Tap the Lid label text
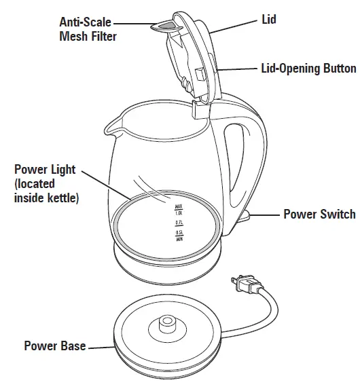(x=268, y=20)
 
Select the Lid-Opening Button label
(x=308, y=69)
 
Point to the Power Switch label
(x=319, y=215)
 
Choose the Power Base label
(x=55, y=346)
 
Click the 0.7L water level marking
(x=179, y=222)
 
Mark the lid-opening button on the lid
(x=200, y=73)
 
